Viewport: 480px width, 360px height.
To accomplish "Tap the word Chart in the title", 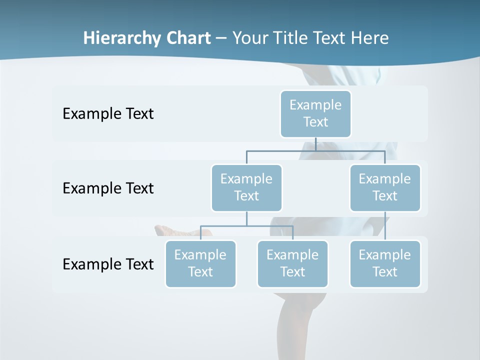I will point(187,38).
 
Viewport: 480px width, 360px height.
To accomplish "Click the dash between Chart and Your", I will point(221,38).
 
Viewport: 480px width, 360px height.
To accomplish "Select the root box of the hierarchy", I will point(315,113).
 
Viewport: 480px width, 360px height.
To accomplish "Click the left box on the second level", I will point(246,187).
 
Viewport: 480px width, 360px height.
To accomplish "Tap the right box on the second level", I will point(385,187).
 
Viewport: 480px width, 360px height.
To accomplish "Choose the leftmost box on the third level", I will point(200,263).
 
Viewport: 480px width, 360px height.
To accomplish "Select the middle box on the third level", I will point(292,263).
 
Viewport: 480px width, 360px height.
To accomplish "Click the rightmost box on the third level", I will point(385,263).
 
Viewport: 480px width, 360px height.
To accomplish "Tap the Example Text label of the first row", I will point(108,114).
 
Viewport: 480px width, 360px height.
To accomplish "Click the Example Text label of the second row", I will point(108,188).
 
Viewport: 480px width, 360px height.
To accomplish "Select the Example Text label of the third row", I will point(108,264).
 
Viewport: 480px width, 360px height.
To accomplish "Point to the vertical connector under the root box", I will point(315,144).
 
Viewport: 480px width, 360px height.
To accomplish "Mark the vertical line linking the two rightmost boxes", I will point(385,226).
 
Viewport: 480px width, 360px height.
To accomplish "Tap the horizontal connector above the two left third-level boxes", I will point(246,226).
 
